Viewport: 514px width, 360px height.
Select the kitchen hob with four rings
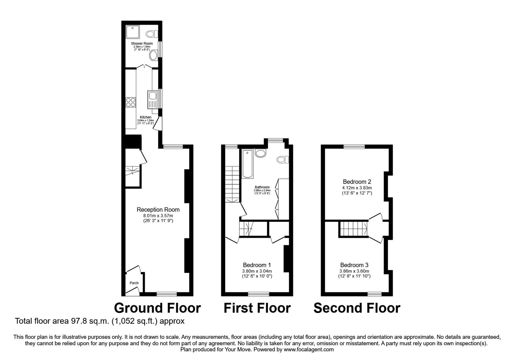pos(130,102)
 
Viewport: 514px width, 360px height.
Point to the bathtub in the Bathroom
pos(247,164)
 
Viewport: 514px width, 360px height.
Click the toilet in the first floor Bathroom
pos(283,159)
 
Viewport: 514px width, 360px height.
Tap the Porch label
pos(134,283)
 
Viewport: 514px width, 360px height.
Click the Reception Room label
pos(158,210)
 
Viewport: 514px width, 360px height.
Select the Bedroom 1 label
pos(257,265)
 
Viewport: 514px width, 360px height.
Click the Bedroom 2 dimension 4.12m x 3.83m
pos(357,188)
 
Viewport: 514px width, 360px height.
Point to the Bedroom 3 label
pos(354,265)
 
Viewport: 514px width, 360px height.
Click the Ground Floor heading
pos(157,308)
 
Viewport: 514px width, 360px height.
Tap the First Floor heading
pos(257,308)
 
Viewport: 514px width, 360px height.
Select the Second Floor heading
pos(357,308)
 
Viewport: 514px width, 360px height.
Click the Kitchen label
pos(146,117)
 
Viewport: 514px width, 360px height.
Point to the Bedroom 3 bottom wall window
pos(374,293)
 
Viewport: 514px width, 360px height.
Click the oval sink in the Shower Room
pos(153,55)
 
